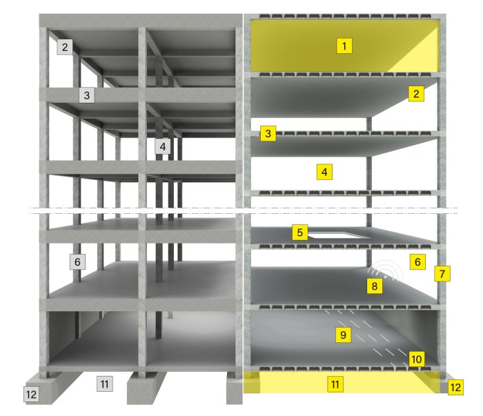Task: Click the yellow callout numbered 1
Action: coord(344,46)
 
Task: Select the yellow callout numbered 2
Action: coord(416,94)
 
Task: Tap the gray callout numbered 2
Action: coord(65,47)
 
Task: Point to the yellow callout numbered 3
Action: coord(268,133)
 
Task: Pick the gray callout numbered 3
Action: coord(86,95)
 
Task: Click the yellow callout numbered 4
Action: coord(324,172)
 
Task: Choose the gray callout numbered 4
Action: coord(163,146)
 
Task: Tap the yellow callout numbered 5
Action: coord(300,232)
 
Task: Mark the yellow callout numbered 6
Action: coord(417,261)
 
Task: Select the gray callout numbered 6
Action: coord(77,261)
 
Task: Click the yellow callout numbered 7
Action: coord(442,273)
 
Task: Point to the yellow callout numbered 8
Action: coord(375,286)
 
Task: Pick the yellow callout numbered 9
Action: coord(343,335)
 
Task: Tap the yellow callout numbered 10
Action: coord(417,359)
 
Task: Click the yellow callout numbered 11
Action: coord(335,384)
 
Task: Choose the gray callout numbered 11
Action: coord(105,384)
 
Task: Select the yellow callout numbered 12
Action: coord(455,387)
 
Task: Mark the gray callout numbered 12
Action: coord(32,394)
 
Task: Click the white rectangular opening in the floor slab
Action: coord(336,235)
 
